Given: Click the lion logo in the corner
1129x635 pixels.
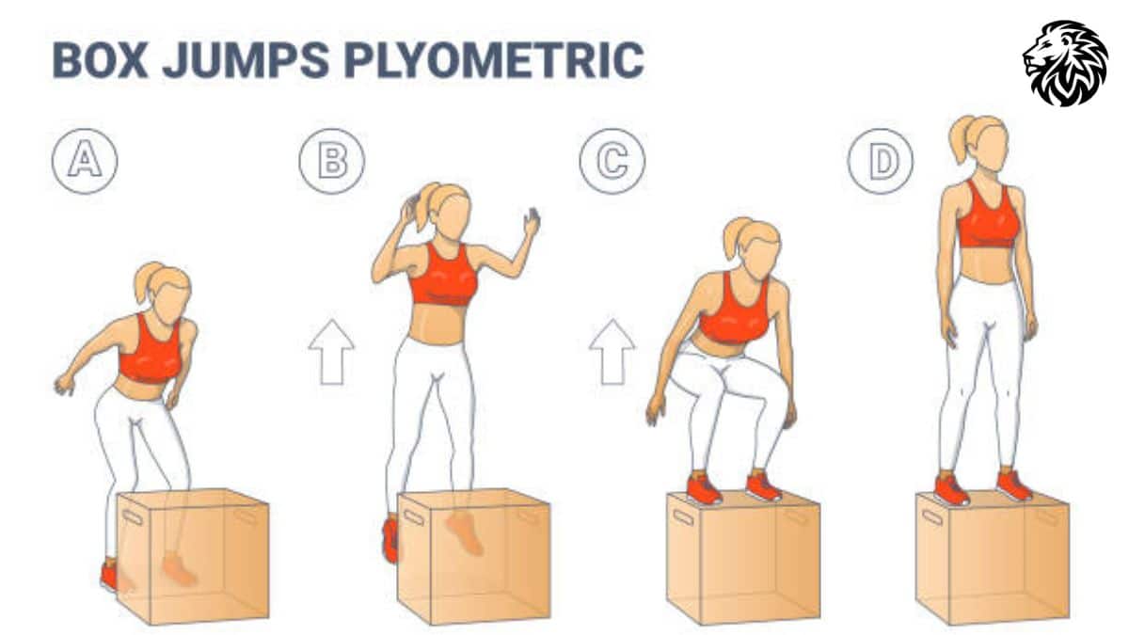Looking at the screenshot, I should (x=1065, y=63).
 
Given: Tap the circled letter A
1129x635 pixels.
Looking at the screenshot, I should (x=85, y=161).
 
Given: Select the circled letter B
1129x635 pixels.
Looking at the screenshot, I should (x=331, y=161).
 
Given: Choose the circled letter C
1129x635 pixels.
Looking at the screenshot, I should (x=612, y=161).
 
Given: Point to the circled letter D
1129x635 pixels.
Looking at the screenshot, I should (x=881, y=161).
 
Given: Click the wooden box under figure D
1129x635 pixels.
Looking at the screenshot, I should (x=992, y=559).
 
